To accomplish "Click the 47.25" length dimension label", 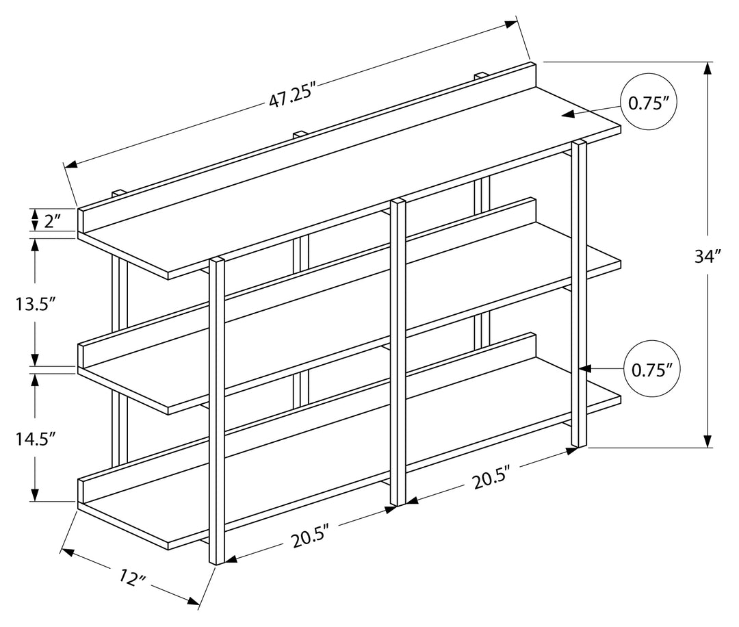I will (295, 95).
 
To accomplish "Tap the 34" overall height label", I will (708, 257).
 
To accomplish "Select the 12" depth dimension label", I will (133, 576).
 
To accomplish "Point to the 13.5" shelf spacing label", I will (35, 304).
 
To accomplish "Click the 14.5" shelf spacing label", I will (35, 439).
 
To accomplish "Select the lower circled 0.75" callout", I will (652, 370).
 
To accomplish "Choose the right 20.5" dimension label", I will (491, 478).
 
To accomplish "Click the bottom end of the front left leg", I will (218, 562).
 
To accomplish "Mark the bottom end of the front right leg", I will (579, 446).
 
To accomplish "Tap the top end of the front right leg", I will (579, 144).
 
